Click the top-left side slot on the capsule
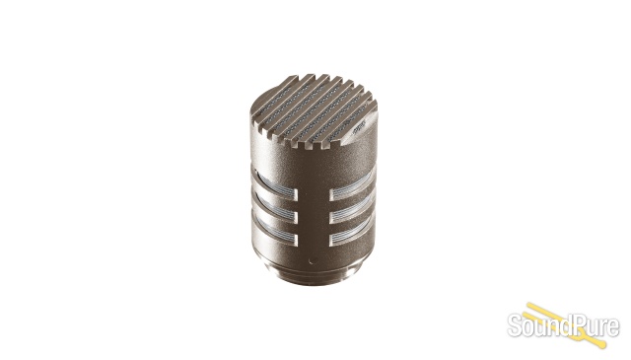[276, 186]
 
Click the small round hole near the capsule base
[312, 260]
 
